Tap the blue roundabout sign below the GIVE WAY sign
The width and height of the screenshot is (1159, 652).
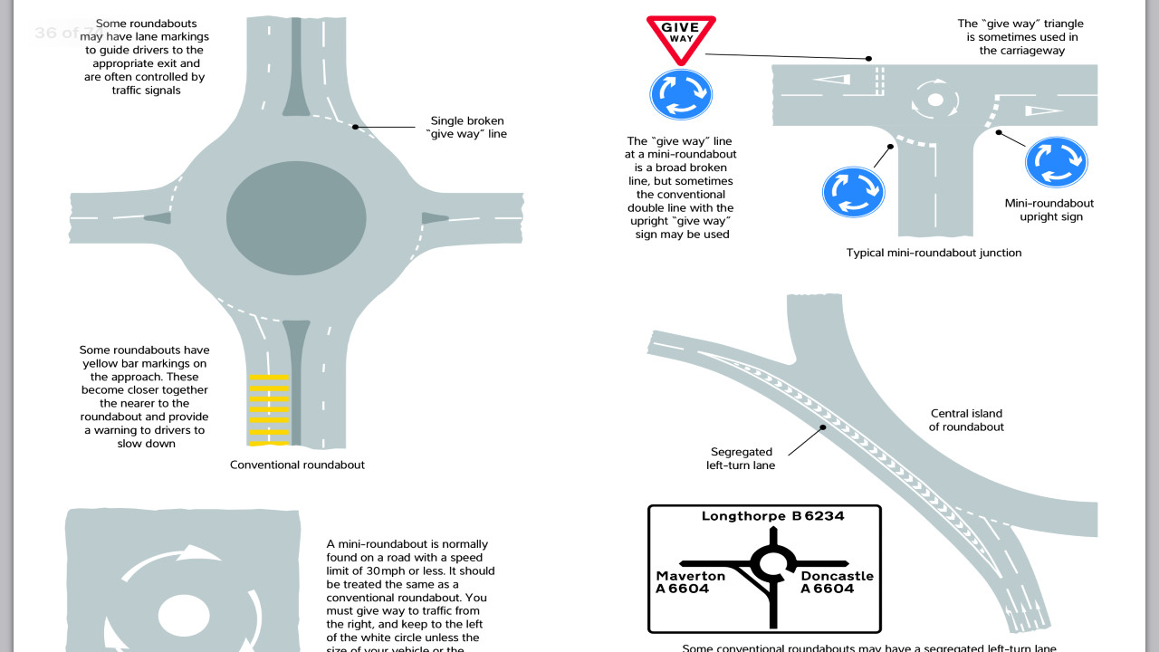[681, 93]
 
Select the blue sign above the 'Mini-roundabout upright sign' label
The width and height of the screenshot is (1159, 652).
[1056, 162]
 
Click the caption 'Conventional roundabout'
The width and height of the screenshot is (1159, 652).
[297, 465]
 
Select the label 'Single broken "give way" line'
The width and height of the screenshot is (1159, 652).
[466, 127]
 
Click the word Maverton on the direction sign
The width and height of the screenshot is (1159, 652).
[691, 576]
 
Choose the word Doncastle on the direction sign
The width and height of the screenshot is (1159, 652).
[838, 576]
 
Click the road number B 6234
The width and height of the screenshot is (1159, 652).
[818, 516]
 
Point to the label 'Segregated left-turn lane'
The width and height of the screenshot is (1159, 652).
[741, 458]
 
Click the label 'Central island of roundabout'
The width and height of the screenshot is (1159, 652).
[966, 420]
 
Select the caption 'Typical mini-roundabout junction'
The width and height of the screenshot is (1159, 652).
[934, 253]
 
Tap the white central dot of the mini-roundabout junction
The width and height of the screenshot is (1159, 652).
[935, 100]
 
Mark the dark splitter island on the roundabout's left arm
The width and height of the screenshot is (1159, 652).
[156, 217]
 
